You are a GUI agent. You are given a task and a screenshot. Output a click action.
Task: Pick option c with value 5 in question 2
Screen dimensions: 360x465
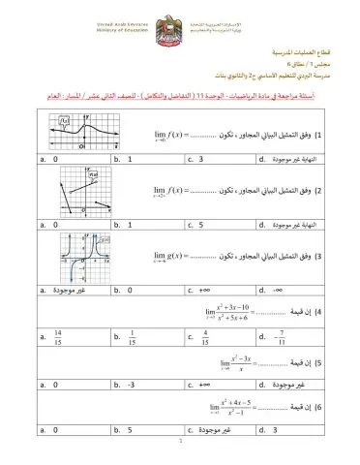198,225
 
